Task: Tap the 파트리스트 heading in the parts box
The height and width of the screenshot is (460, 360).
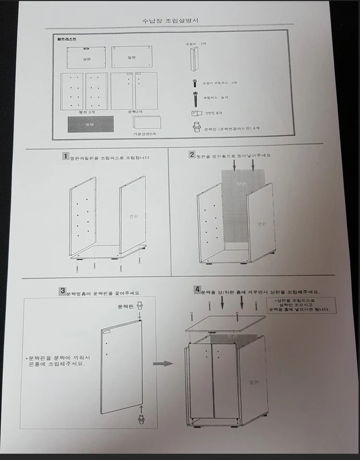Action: coord(66,39)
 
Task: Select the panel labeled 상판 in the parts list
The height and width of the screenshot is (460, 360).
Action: coord(86,58)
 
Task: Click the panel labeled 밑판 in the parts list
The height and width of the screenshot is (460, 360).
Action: coord(132,57)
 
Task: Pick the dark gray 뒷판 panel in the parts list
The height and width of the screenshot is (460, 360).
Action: coord(90,124)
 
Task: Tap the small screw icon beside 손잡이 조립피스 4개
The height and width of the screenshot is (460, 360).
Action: coord(195,83)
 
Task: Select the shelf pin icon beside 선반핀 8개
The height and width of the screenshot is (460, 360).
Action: coord(196,114)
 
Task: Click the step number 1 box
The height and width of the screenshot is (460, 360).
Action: coord(66,156)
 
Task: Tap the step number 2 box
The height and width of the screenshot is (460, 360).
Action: coord(192,154)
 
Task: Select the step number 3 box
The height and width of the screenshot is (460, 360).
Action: coord(62,290)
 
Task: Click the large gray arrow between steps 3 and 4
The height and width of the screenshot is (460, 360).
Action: coord(163,364)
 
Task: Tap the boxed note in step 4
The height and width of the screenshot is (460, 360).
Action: coord(301,305)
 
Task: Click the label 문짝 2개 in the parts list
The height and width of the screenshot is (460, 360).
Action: coord(135,111)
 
